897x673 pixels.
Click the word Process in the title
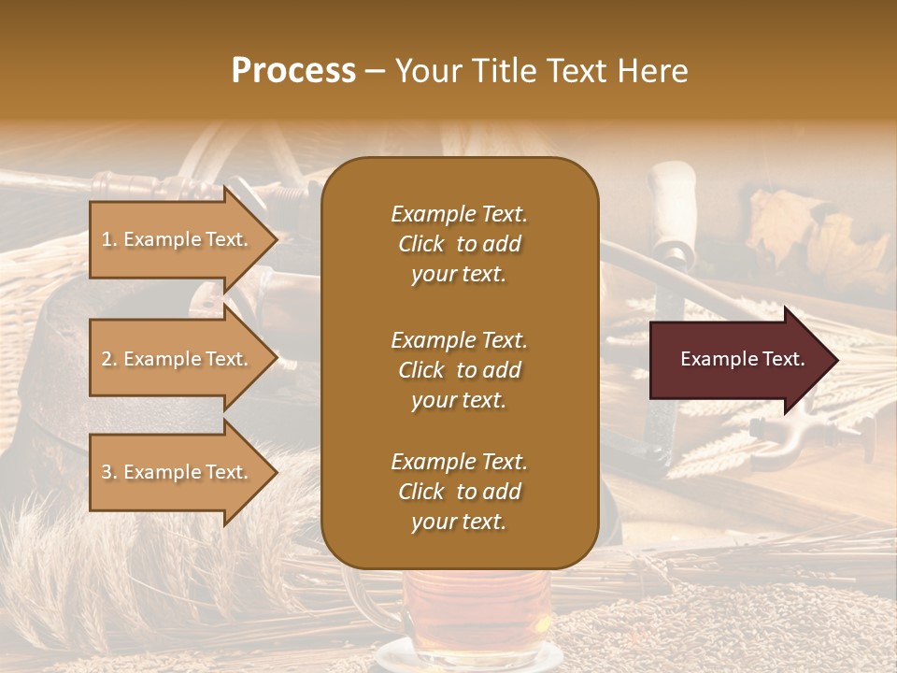pos(293,71)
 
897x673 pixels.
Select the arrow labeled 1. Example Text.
pos(178,239)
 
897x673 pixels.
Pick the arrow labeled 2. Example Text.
pos(178,359)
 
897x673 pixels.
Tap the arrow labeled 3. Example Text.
pos(178,472)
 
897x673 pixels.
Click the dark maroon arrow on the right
pos(738,359)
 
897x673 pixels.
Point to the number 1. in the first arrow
pos(109,239)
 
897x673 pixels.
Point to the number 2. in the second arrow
pos(109,359)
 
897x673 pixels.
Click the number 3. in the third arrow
pos(109,472)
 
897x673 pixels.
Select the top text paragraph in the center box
pos(459,244)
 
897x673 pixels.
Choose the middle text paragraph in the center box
pos(459,370)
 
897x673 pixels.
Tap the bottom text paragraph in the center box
pos(459,492)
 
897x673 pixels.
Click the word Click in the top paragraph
pos(420,244)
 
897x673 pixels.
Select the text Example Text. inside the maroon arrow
pos(742,359)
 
